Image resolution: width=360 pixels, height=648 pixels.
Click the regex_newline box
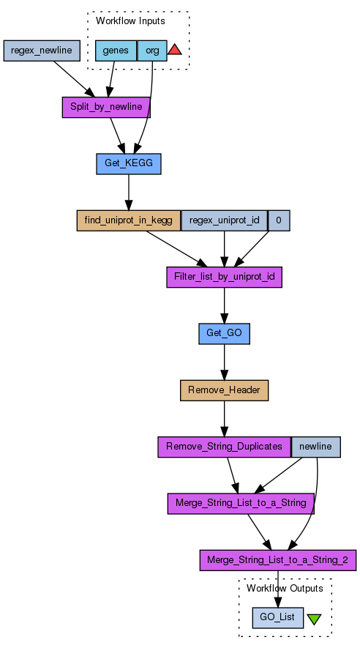point(42,51)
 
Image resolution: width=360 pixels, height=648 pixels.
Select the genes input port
point(116,51)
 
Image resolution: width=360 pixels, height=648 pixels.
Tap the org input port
point(152,51)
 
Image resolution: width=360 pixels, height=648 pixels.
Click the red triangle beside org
point(175,50)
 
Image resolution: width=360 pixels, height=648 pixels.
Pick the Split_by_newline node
point(106,107)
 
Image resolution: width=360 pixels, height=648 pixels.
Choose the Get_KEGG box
point(129,164)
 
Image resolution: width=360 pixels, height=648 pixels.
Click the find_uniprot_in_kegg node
point(129,220)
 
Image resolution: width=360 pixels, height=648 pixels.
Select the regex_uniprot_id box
point(225,220)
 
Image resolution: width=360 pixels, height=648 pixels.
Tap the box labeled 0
point(279,220)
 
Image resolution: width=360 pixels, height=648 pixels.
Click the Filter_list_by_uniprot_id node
point(224,277)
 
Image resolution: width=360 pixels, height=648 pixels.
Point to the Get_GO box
point(224,333)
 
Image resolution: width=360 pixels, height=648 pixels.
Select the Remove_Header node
point(224,390)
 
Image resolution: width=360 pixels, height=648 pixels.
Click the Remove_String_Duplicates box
point(224,447)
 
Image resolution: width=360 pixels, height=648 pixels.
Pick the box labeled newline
point(316,447)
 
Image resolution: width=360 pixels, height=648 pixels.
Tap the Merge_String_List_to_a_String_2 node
point(278,560)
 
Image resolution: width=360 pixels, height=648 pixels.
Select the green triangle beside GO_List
point(314,618)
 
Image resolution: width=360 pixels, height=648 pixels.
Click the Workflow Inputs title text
point(130,21)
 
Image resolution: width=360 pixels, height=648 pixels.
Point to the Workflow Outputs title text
point(285,588)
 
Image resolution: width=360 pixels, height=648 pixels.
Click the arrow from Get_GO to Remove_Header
point(224,362)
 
